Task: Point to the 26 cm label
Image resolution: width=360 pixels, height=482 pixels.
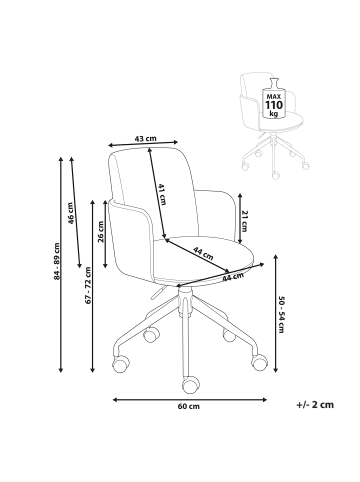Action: click(102, 232)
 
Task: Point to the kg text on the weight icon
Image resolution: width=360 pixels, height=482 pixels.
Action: click(273, 114)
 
